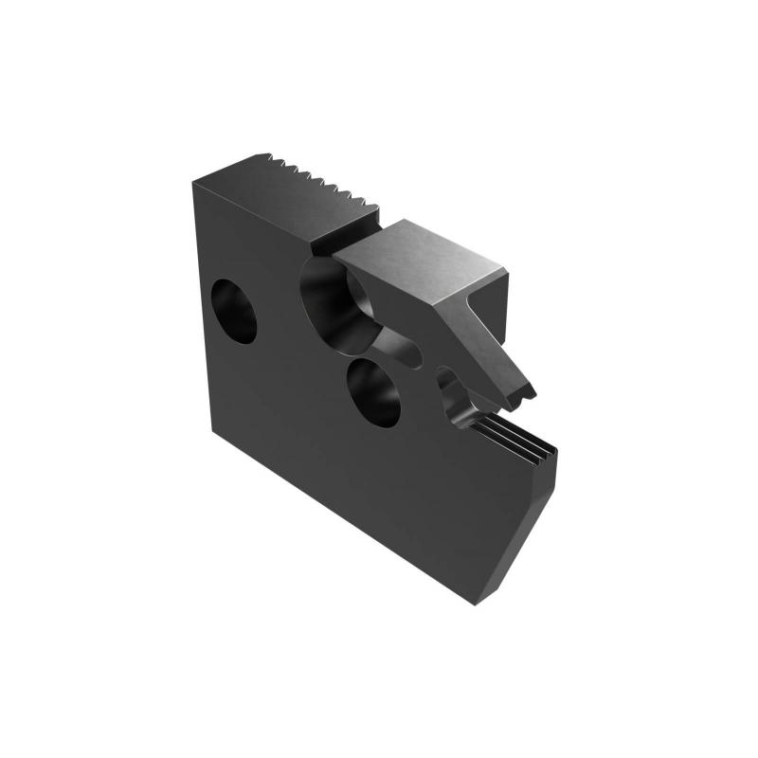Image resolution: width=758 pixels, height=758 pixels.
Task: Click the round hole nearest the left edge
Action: point(234,310)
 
